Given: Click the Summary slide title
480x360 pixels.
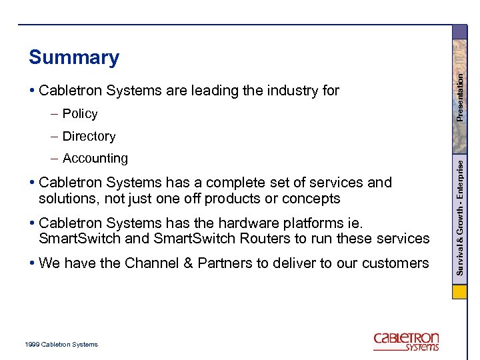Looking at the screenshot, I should (73, 58).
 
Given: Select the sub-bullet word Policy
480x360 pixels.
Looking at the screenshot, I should (80, 114).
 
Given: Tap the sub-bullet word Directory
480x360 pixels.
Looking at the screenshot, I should (89, 137).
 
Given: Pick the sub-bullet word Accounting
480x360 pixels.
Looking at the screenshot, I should (95, 159).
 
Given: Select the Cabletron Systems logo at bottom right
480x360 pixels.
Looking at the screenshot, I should (406, 341).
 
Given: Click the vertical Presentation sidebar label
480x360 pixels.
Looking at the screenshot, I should (459, 97).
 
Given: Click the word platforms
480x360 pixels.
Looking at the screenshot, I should (306, 223).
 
